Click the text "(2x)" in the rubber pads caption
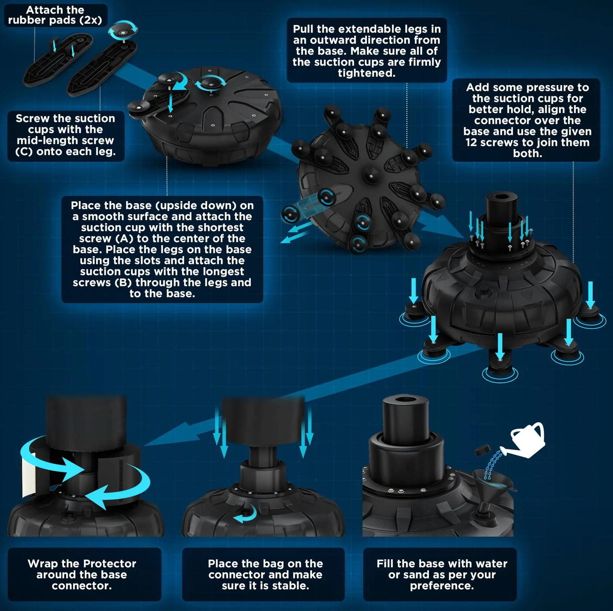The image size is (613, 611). click(x=90, y=20)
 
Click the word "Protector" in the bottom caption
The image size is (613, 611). click(x=109, y=563)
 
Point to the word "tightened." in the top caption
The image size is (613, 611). click(x=367, y=73)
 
